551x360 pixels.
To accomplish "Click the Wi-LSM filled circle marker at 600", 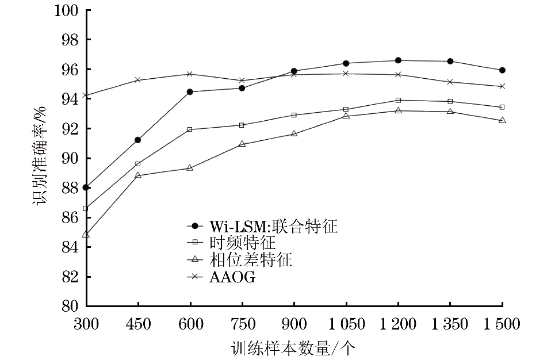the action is coord(190,91).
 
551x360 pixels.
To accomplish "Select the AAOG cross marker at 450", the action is coord(138,80).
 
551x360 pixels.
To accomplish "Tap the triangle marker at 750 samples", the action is coord(242,144).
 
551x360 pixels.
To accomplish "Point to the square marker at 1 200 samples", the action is coord(398,100).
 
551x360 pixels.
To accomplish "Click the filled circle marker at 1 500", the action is coord(502,70).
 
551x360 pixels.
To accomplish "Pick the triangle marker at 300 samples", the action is coord(86,234).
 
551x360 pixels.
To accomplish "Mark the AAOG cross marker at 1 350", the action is coord(450,82).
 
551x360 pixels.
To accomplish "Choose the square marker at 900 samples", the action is coord(294,115).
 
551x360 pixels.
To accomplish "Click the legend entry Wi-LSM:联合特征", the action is coord(262,226).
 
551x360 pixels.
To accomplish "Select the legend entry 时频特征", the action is coord(231,243).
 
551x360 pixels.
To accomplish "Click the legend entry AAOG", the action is coord(221,277).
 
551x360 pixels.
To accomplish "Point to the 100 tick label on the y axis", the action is coord(66,10).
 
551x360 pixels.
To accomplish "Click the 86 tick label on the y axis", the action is coord(70,217).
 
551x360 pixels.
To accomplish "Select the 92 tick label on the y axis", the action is coord(70,129).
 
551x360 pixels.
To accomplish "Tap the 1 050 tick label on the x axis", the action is coord(346,324).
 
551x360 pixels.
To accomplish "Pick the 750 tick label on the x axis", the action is coord(243,324).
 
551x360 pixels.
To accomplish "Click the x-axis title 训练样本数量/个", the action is coord(293,348).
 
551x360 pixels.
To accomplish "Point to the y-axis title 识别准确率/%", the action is coord(39,155).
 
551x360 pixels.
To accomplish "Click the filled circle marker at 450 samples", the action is coord(138,140).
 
